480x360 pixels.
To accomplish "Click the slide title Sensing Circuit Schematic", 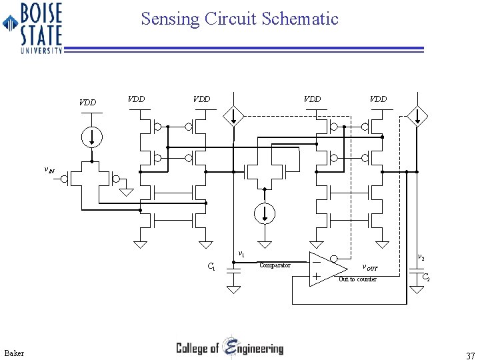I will click(x=239, y=19).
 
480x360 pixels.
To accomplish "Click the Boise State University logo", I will click(x=33, y=27).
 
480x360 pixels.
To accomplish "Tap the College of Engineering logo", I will click(x=229, y=348).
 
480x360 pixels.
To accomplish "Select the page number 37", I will click(x=470, y=355).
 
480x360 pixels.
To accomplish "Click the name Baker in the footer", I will click(x=13, y=353).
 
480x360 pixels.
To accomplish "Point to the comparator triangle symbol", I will click(x=327, y=269).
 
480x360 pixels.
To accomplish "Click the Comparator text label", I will click(x=275, y=265).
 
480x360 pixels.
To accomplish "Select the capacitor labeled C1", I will click(x=233, y=271).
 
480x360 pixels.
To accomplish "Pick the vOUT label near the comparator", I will click(x=369, y=267).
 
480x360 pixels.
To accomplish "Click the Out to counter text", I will click(x=357, y=279).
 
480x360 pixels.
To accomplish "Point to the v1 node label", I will click(x=241, y=254).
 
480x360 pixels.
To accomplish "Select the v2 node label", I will click(x=421, y=257).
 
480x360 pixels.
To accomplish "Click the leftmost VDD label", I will click(x=87, y=103).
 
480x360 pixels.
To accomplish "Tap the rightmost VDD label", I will click(x=378, y=99).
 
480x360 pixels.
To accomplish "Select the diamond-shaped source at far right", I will click(x=418, y=116).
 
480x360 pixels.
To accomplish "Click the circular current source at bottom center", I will click(x=265, y=213).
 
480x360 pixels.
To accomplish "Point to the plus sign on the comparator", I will click(x=315, y=276).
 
